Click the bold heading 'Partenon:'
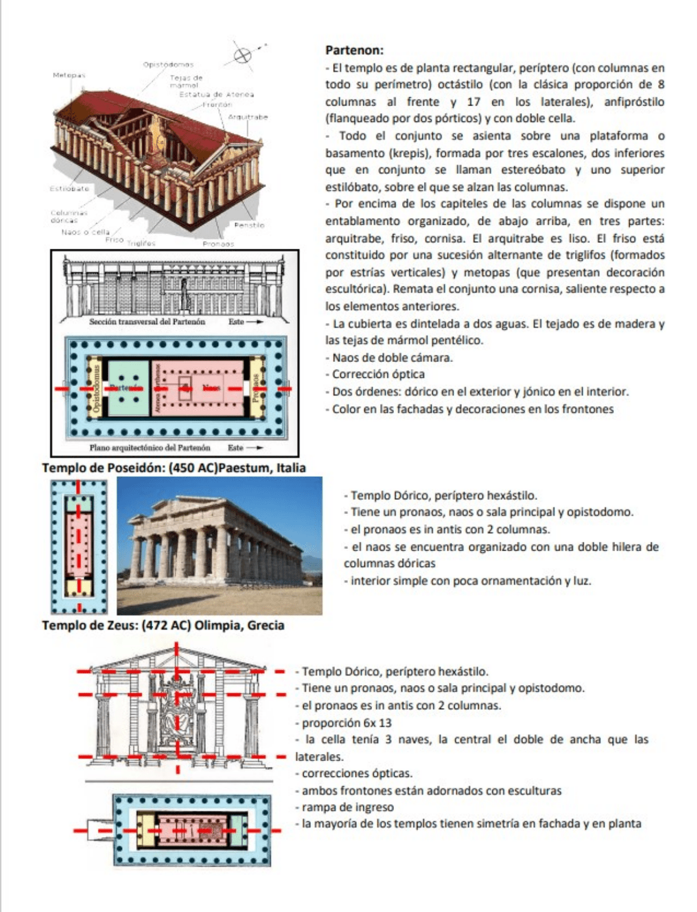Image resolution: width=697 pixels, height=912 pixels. (354, 50)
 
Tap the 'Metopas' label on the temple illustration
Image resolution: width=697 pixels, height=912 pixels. (69, 75)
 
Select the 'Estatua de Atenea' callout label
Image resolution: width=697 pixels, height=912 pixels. (216, 94)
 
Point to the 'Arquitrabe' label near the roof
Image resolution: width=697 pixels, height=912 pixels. (248, 117)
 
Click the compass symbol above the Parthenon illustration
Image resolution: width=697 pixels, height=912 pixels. (242, 55)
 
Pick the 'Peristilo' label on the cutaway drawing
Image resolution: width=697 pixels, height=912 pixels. (249, 225)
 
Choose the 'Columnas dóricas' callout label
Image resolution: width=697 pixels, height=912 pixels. (69, 216)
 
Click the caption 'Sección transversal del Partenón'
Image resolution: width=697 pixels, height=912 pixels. (147, 322)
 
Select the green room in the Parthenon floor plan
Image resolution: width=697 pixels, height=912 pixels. (128, 388)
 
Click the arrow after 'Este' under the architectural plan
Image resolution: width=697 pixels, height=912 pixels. (255, 448)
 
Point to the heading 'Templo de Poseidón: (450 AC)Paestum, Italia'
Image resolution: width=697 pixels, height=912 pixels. (174, 468)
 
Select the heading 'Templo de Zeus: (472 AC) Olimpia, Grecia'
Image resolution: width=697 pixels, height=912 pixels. (163, 625)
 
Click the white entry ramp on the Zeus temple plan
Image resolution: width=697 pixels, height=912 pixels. (100, 829)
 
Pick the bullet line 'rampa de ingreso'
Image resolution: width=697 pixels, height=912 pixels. (347, 807)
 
